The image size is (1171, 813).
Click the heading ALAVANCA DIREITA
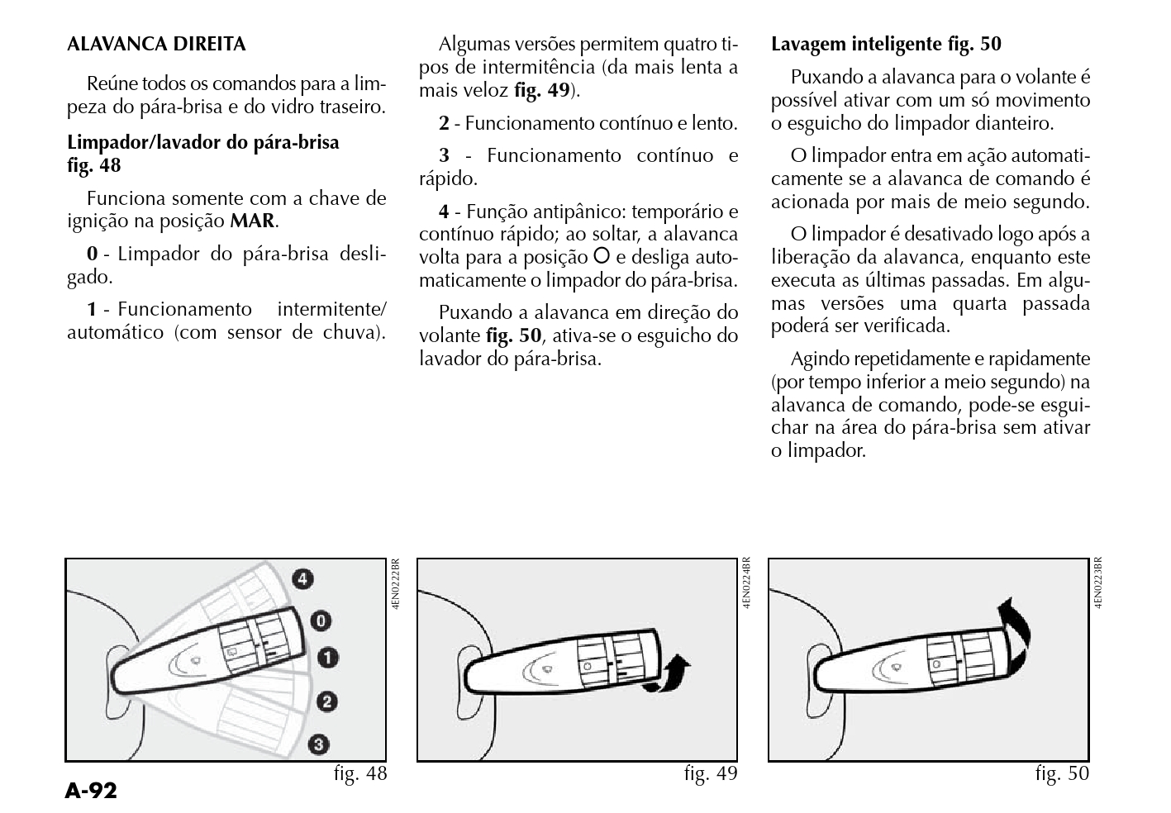point(156,44)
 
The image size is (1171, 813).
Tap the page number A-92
point(91,792)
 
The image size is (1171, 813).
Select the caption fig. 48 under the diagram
point(360,774)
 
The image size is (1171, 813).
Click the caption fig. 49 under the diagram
point(711,774)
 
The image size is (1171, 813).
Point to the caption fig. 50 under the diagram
point(1062,774)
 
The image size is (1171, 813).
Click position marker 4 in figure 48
point(304,579)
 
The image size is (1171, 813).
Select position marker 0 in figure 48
point(321,620)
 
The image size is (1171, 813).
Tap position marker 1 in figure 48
point(328,658)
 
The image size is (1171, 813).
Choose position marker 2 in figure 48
point(327,702)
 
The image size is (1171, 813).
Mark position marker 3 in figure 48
point(319,744)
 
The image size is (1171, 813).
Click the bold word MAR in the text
point(252,221)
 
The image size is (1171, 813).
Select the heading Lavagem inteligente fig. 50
point(886,44)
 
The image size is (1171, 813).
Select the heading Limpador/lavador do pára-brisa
point(202,142)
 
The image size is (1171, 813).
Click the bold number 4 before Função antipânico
point(445,212)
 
